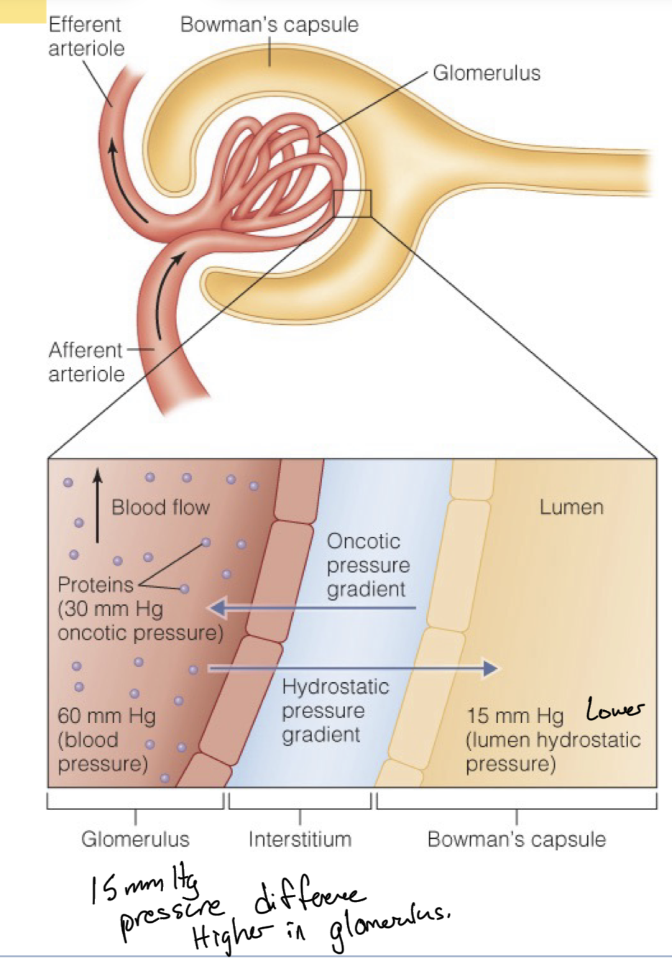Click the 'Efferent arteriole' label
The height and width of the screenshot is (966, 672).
(86, 37)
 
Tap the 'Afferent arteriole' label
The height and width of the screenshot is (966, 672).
(86, 362)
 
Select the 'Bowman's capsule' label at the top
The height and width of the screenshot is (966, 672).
(269, 24)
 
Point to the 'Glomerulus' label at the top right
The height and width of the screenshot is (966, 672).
(486, 73)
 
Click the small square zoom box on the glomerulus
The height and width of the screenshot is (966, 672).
(352, 203)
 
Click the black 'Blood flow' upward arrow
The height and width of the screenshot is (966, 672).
(98, 504)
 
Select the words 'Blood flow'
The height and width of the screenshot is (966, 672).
(160, 507)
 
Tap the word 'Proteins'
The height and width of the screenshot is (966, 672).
(96, 584)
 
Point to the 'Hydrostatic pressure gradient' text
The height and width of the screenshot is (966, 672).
(335, 711)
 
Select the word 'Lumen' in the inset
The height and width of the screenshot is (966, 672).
(571, 507)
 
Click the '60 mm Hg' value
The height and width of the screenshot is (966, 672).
(106, 716)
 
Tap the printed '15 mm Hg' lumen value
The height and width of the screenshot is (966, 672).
(515, 716)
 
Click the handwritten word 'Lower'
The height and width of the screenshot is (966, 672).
(615, 709)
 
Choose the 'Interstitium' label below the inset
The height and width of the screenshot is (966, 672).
(300, 839)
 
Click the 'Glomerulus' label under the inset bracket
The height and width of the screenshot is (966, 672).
(135, 839)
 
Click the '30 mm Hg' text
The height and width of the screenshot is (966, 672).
(111, 609)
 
